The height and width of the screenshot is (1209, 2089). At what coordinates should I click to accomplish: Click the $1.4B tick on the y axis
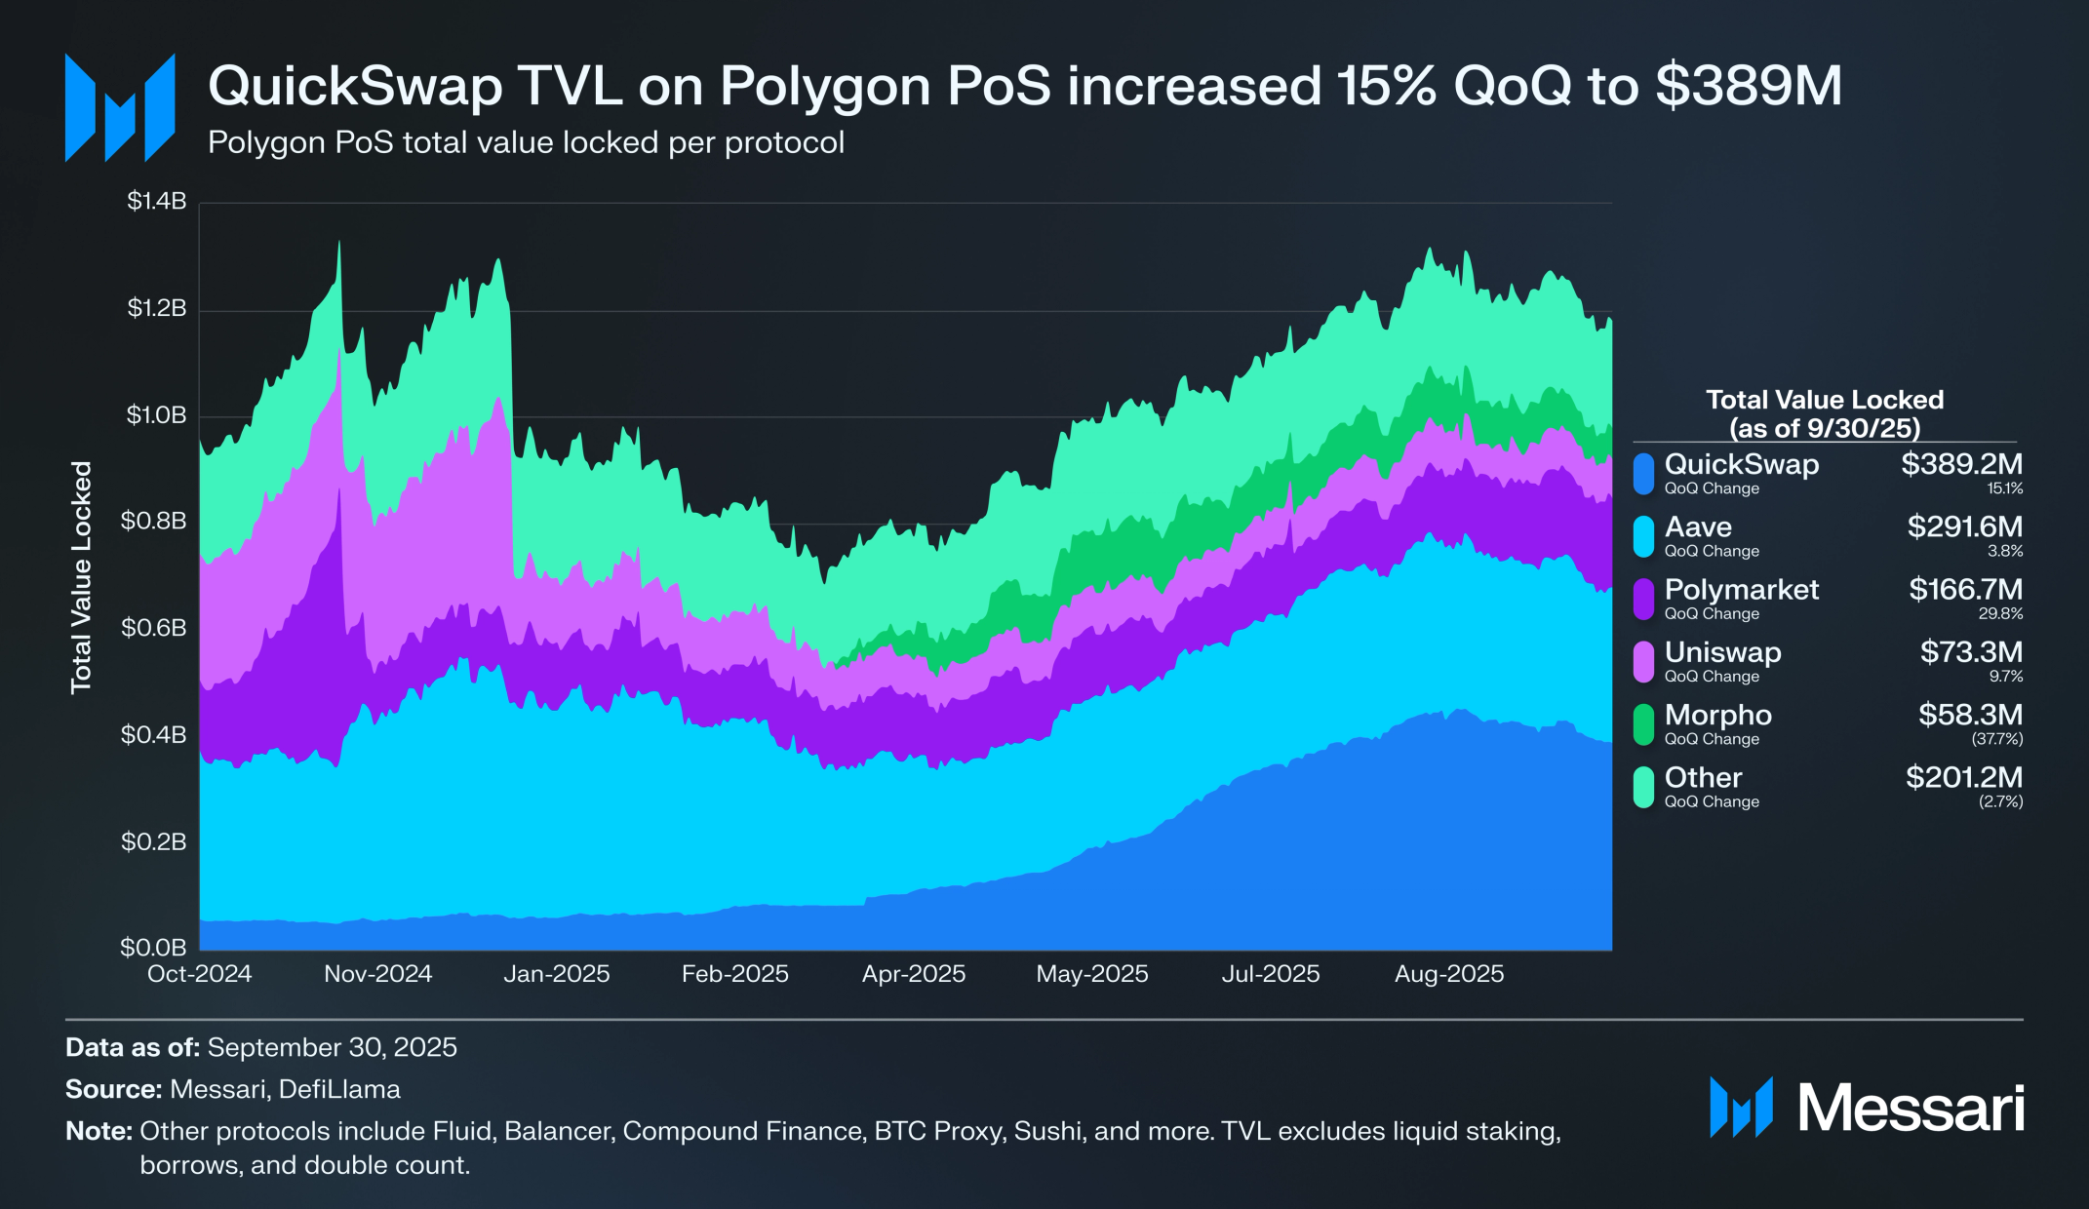coord(156,202)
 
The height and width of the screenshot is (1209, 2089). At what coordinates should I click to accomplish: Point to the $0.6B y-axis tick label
coord(153,628)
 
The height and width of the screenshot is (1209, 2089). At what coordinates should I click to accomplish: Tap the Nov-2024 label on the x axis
coord(377,974)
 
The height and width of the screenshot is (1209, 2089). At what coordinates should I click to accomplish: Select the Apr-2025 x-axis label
coord(913,974)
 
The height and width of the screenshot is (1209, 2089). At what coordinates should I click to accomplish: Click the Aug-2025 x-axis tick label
coord(1448,974)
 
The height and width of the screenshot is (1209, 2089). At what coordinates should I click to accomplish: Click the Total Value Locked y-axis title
coord(81,577)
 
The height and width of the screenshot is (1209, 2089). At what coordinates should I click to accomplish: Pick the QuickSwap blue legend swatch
coord(1643,474)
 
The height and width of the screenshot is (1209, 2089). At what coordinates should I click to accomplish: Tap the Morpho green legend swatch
coord(1643,724)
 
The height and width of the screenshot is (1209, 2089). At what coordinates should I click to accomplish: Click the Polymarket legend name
coord(1741,590)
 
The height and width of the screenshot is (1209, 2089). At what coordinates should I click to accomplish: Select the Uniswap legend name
coord(1722,652)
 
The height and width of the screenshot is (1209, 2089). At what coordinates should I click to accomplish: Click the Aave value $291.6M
coord(1964,527)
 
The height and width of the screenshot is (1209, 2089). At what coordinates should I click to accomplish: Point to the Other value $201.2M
coord(1963,778)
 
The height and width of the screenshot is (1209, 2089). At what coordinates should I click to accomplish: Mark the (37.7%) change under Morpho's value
coord(1996,739)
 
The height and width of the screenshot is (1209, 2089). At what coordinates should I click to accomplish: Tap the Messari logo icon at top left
coord(119,107)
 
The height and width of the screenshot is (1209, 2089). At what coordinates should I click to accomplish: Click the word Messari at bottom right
coord(1911,1109)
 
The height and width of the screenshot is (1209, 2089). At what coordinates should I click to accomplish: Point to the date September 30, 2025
coord(332,1047)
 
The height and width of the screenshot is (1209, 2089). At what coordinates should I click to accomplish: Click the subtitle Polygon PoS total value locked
coord(526,143)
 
